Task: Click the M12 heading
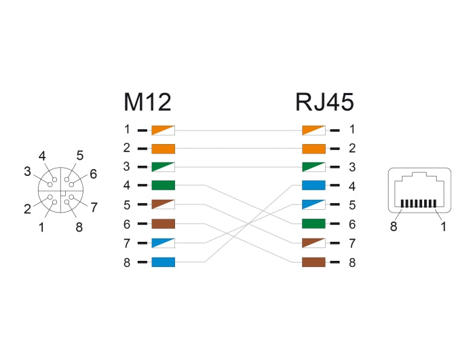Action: pos(147,102)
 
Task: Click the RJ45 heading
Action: pos(324,102)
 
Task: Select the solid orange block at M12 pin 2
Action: pos(164,148)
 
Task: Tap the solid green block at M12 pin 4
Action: pos(164,185)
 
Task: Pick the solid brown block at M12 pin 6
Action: pos(164,223)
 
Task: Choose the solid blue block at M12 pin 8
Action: pos(164,262)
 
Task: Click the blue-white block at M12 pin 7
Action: pos(164,242)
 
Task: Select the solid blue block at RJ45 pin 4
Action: pos(313,185)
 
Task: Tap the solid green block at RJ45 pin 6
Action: pos(313,223)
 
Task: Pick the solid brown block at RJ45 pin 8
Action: pos(313,262)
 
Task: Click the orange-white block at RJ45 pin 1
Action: pos(313,129)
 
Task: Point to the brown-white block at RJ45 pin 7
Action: pos(313,242)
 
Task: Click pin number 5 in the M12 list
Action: pos(126,204)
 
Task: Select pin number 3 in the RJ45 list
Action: pos(351,167)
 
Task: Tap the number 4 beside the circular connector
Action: pos(42,156)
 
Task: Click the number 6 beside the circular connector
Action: pos(93,174)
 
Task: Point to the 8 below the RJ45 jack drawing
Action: pos(394,227)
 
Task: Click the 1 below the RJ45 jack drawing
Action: pos(443,227)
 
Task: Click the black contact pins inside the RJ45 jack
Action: pos(417,203)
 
